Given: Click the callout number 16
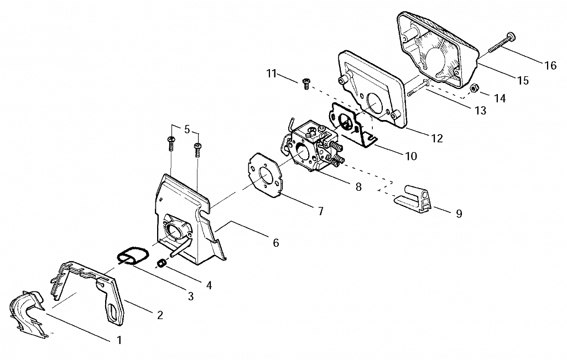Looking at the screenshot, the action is [550, 65].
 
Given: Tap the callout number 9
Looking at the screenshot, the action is [459, 213].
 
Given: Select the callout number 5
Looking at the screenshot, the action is [186, 129].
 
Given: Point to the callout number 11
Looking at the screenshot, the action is [271, 74].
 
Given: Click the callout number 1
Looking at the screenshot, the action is [119, 340].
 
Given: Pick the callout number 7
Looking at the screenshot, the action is [321, 211].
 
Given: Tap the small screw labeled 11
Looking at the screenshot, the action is [306, 84].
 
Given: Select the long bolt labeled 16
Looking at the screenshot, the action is [501, 43].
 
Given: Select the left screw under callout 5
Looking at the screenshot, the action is [171, 143].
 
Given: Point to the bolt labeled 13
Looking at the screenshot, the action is [418, 88].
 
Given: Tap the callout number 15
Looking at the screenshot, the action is [523, 80].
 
